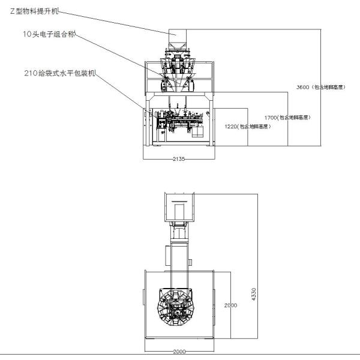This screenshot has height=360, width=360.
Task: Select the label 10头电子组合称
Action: point(50,35)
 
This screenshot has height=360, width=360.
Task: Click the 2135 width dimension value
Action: point(179,158)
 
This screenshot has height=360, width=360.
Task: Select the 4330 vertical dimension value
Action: point(254,294)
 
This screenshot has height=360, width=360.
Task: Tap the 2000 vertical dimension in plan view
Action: point(230,305)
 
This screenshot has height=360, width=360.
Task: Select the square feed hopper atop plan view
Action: point(179,208)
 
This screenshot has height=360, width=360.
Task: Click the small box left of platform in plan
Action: point(142,296)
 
